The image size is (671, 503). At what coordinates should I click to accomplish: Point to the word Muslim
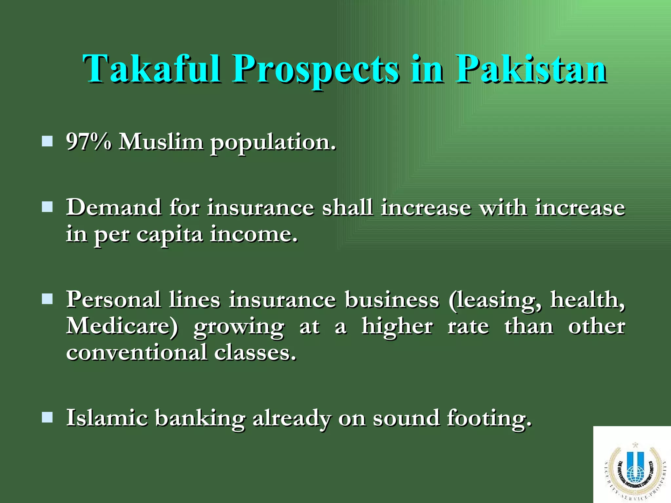[161, 142]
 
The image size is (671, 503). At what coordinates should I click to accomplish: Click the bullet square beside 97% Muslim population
[48, 141]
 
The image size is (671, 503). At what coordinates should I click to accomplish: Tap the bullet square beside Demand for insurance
[48, 207]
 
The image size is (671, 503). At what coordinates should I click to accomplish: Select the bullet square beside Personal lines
[48, 299]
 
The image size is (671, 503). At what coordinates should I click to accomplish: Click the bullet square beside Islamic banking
[48, 418]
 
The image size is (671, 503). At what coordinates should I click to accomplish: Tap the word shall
[347, 207]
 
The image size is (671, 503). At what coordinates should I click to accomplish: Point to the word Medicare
[122, 326]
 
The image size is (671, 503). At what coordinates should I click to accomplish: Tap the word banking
[200, 418]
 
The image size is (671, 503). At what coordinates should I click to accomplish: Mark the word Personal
[113, 299]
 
